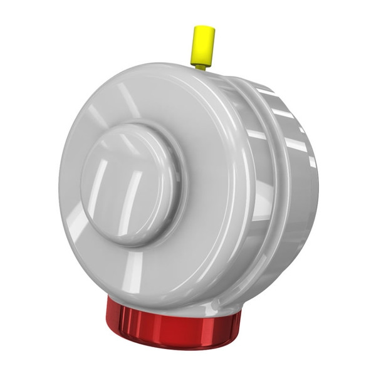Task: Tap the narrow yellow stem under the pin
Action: pos(201,65)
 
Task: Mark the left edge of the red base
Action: pos(108,313)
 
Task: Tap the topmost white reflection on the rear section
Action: pos(266,91)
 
